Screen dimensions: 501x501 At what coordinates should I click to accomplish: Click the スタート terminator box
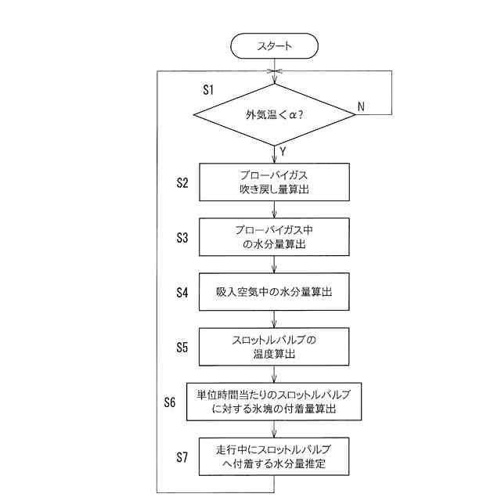click(x=274, y=45)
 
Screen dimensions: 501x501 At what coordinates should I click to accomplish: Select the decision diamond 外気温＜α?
click(x=274, y=114)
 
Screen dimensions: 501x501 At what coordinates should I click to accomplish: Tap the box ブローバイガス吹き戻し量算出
click(x=274, y=182)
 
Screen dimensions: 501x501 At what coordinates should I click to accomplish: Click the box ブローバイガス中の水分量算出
click(x=274, y=236)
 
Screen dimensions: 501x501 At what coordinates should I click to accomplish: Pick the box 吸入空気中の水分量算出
click(x=274, y=292)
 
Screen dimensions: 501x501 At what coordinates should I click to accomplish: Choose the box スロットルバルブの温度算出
click(x=274, y=346)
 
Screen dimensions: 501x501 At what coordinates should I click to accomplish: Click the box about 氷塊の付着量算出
click(x=274, y=401)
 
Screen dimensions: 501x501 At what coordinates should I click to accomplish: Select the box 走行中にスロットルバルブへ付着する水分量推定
click(x=274, y=456)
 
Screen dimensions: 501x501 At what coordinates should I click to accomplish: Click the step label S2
click(x=182, y=182)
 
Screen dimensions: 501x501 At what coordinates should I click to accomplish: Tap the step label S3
click(x=182, y=237)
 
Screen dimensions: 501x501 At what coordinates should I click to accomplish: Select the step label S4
click(x=182, y=293)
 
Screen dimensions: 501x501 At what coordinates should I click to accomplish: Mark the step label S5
click(x=182, y=347)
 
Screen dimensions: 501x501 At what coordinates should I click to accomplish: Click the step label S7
click(x=182, y=457)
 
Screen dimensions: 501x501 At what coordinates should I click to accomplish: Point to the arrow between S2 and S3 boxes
click(x=274, y=209)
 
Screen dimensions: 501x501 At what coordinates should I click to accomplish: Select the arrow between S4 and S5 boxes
click(x=274, y=319)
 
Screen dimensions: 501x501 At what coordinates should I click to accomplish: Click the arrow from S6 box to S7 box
click(x=274, y=429)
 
